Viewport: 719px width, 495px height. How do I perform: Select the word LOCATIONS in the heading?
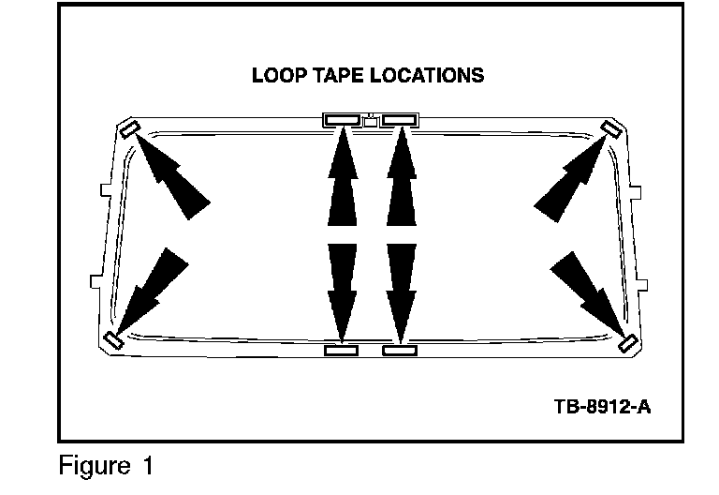click(428, 75)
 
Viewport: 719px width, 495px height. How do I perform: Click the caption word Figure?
click(92, 464)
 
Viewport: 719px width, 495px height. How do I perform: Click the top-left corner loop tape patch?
click(130, 129)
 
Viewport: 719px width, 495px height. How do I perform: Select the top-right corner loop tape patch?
click(610, 129)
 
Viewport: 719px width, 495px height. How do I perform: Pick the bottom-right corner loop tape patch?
click(627, 341)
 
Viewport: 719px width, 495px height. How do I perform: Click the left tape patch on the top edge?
click(342, 119)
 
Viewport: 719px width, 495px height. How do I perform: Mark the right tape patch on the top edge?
click(399, 119)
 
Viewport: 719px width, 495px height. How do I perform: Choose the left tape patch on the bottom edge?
click(341, 350)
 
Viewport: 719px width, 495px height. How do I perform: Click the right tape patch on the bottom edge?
click(400, 350)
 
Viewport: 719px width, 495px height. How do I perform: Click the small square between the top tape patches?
click(371, 120)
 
